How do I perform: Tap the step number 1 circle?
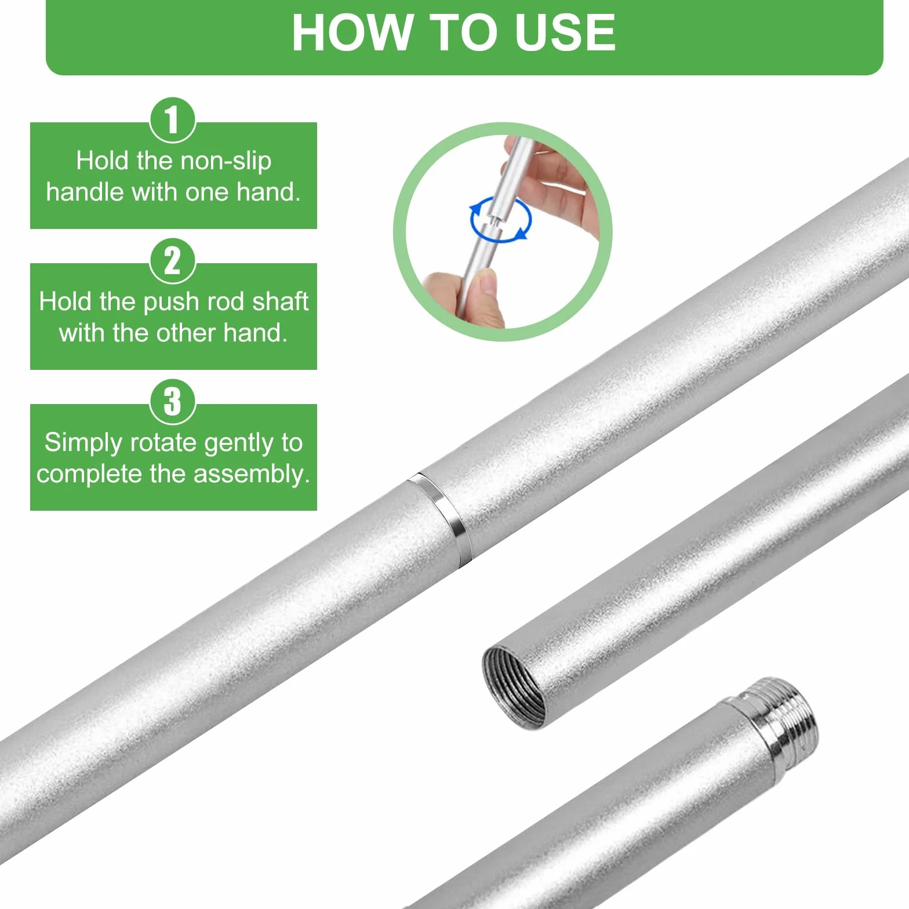pyautogui.click(x=173, y=120)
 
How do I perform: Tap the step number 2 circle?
pyautogui.click(x=173, y=261)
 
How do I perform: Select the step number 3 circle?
pyautogui.click(x=173, y=402)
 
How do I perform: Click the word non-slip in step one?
pyautogui.click(x=223, y=161)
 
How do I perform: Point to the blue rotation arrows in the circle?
pyautogui.click(x=500, y=220)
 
